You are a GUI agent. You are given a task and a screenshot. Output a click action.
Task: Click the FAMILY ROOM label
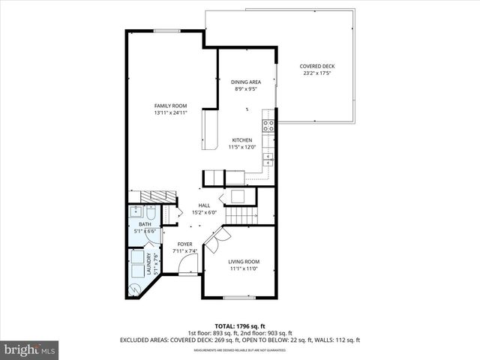[170, 106]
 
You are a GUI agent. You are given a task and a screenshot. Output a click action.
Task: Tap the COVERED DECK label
[318, 66]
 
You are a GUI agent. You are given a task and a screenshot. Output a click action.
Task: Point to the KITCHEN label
[241, 140]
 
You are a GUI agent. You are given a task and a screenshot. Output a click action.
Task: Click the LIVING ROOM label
[243, 261]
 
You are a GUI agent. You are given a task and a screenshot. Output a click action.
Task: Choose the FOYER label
[184, 244]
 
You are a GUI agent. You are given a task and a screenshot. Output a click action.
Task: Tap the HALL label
[204, 205]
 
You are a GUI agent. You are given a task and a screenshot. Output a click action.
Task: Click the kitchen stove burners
[268, 125]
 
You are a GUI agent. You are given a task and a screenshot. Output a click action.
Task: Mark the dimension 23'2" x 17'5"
[318, 73]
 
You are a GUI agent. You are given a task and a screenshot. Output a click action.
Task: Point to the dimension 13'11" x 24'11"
[170, 113]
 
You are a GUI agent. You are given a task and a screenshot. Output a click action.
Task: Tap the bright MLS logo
[29, 349]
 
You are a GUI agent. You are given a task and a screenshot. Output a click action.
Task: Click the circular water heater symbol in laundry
[136, 288]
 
